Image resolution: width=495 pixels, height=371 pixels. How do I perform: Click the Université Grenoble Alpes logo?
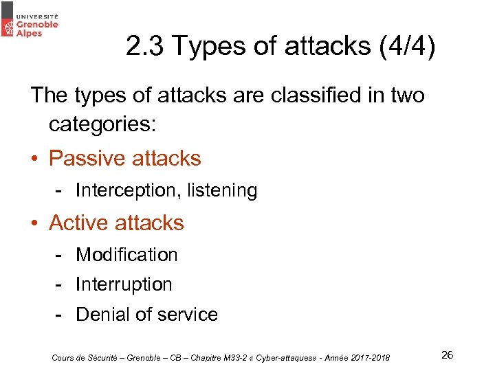click(x=30, y=22)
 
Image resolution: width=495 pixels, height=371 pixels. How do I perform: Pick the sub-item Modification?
click(x=126, y=255)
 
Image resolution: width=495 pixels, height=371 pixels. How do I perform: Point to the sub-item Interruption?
click(x=124, y=284)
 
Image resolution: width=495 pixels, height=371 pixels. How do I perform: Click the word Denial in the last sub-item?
click(x=104, y=315)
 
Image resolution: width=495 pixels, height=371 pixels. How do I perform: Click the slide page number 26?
click(x=447, y=355)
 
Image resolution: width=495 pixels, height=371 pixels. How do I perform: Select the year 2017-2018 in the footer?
click(x=368, y=357)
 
